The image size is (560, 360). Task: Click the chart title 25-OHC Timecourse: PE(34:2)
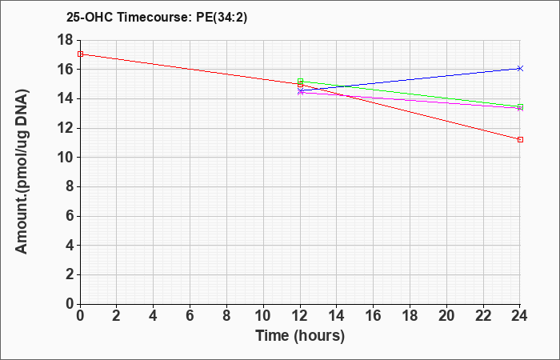[157, 17]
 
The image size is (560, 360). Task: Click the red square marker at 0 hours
[80, 54]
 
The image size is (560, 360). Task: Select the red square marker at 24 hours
[520, 139]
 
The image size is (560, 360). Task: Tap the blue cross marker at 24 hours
[520, 68]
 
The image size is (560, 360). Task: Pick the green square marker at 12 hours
[300, 81]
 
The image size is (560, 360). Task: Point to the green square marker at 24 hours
[520, 106]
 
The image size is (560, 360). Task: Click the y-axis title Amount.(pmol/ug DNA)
[22, 172]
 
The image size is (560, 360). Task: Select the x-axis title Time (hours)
[300, 336]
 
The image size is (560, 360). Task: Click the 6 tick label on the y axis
[69, 216]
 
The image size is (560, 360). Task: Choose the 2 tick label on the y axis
[69, 274]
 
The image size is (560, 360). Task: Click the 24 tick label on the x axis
[520, 316]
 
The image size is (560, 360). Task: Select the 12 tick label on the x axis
[300, 316]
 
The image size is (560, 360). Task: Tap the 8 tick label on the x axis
[226, 316]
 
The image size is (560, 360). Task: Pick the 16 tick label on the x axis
[374, 316]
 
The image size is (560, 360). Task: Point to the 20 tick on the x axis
[446, 316]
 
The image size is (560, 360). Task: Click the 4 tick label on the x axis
[154, 316]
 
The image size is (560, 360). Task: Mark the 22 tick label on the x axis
[483, 316]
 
